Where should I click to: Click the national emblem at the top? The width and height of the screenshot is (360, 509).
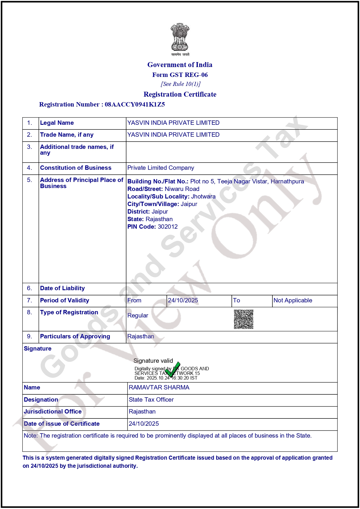point(180,39)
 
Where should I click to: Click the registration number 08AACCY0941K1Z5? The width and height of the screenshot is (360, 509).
point(135,104)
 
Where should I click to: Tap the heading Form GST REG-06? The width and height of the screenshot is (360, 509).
point(180,75)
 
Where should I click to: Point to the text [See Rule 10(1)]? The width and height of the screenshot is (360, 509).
point(180,84)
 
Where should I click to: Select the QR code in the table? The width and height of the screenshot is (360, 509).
point(244,319)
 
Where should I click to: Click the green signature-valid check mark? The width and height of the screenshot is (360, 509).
point(173,369)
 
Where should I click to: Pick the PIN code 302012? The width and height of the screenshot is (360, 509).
point(168,227)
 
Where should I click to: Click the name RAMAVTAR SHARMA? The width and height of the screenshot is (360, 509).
point(159,388)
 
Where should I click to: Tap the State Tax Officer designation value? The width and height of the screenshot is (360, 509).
point(151,400)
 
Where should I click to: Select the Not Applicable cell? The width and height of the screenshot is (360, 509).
point(293,301)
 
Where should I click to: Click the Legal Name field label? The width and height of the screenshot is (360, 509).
point(57,123)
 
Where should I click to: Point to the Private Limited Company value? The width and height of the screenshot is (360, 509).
point(161,168)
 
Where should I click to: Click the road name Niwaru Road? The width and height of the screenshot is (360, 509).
point(182,189)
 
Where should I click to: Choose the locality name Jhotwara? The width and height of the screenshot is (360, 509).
point(203,196)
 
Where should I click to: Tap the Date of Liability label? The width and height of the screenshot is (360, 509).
point(62,288)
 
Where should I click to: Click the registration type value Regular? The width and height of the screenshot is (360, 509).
point(138,316)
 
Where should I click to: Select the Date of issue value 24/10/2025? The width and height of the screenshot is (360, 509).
point(144,424)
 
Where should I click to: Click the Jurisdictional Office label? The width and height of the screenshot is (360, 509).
point(53,412)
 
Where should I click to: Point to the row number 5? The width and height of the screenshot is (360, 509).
point(30,180)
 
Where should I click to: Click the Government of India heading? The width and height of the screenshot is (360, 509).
point(180,65)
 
